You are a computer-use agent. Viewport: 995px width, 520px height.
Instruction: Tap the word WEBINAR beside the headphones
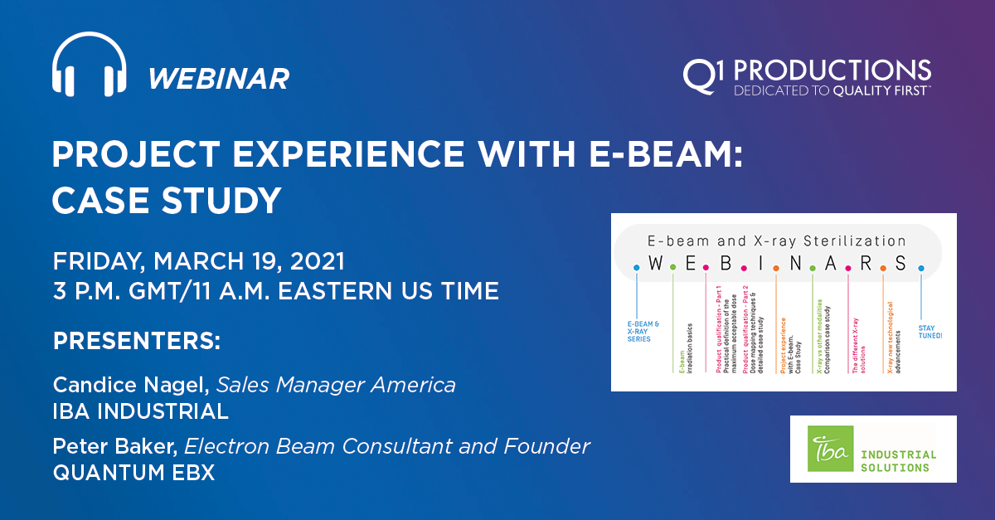[x=219, y=79]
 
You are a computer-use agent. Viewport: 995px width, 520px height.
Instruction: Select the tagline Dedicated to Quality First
[x=832, y=90]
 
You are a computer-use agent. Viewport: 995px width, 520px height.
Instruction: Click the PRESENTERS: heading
[x=137, y=342]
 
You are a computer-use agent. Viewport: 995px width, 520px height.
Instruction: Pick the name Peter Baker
[x=114, y=446]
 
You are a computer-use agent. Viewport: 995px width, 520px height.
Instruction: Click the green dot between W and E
[x=672, y=267]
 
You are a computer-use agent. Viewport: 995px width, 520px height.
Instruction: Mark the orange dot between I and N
[x=775, y=267]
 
